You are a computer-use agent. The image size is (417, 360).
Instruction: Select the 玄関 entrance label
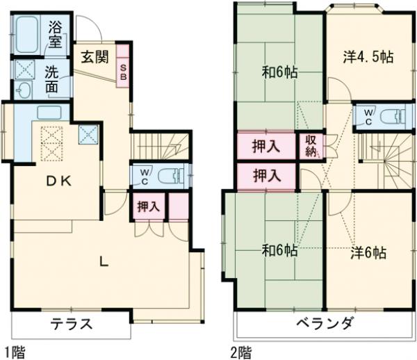coord(92,58)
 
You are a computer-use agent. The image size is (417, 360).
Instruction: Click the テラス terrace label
coord(71,325)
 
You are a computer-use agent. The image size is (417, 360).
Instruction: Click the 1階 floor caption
coord(15,352)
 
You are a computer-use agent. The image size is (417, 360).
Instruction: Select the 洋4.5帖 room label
coord(368,57)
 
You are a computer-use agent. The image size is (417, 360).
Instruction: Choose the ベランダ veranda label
coord(325,325)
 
